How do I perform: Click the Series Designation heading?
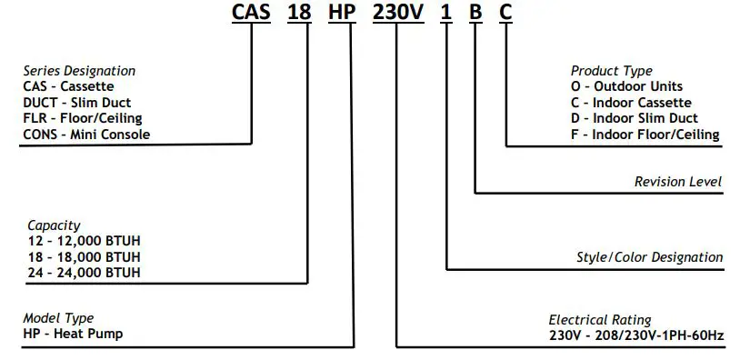point(79,71)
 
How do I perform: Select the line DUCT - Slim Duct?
point(78,103)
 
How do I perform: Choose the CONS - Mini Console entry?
point(86,135)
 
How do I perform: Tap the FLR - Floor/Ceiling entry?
point(83,118)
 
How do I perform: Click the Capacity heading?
point(54,225)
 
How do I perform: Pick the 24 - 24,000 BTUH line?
point(84,272)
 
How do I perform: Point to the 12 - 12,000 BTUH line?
point(84,240)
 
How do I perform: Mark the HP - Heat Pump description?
point(72,334)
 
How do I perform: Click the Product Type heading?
point(611,71)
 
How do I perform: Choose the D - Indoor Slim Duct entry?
point(634,118)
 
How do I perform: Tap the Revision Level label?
point(678,182)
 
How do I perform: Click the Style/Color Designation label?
point(650,257)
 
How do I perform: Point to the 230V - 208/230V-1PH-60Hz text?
point(635,335)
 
